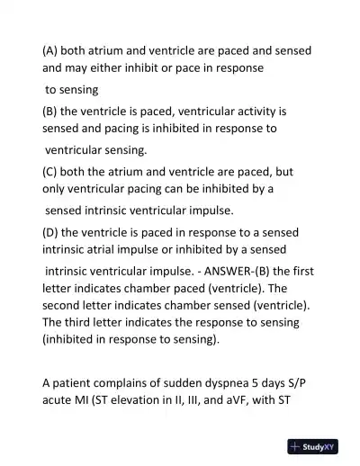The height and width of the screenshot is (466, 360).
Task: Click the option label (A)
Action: (50, 50)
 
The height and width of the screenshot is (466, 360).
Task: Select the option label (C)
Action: (50, 170)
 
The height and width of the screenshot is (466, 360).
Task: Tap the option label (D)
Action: (50, 229)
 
